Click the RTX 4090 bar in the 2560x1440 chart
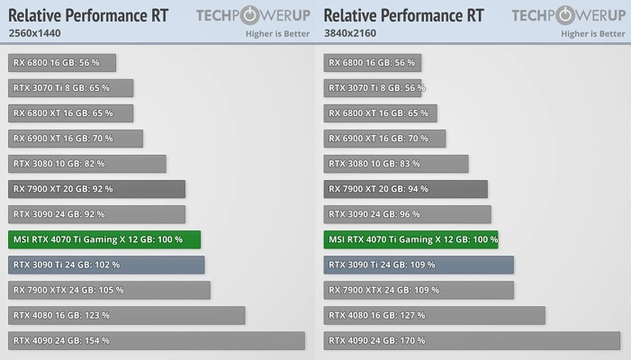tap(157, 341)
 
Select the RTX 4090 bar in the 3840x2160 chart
tap(472, 341)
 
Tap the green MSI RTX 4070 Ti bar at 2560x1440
tap(104, 239)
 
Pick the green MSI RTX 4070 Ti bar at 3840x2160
tap(410, 239)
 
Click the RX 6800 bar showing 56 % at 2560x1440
tap(62, 63)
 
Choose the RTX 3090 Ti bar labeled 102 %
tap(106, 265)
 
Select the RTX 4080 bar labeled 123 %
tap(127, 315)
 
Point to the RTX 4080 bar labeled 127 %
tap(434, 315)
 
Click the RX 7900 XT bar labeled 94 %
tap(405, 189)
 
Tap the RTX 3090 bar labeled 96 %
tap(407, 214)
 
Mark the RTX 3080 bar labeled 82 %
tap(87, 164)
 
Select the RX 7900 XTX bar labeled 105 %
tap(110, 290)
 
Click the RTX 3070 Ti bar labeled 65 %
tap(71, 88)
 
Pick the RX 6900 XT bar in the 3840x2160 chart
tap(384, 139)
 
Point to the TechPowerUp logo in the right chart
tap(568, 15)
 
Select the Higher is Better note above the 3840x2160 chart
tap(592, 34)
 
